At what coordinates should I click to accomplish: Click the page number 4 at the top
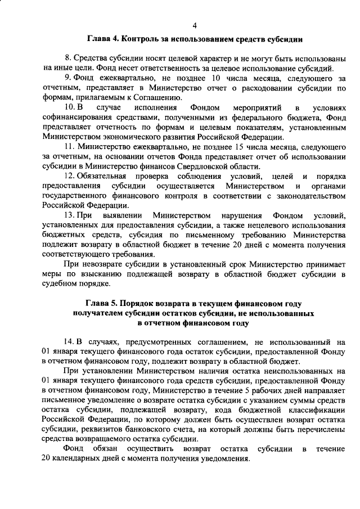(x=195, y=25)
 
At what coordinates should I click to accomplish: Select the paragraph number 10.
(x=69, y=107)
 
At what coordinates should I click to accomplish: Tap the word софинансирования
(x=77, y=117)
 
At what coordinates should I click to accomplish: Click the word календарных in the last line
(x=78, y=459)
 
